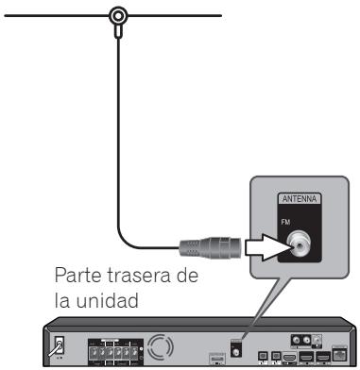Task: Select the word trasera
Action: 140,280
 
